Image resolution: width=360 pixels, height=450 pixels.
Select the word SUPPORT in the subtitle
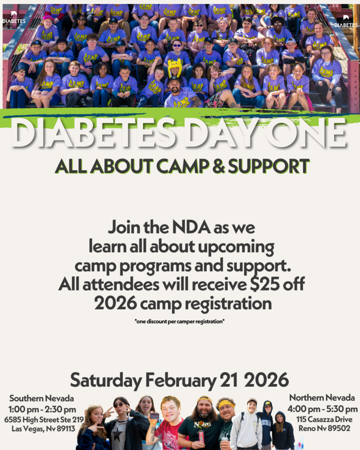tap(269, 166)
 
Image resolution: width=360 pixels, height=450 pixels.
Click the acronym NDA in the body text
tap(191, 227)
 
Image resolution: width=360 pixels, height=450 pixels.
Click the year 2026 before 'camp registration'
tap(116, 303)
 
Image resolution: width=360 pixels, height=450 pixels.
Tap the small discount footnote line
tap(179, 321)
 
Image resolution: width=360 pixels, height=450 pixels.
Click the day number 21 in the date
tap(229, 380)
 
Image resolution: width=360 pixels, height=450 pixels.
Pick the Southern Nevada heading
tap(42, 398)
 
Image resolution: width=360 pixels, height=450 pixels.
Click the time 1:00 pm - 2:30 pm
tap(42, 409)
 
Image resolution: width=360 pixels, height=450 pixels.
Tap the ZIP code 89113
tap(66, 428)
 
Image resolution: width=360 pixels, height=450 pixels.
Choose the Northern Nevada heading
tap(322, 397)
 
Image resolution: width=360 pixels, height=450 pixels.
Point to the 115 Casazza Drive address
tap(324, 419)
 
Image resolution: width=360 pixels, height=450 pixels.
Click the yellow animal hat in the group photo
tap(175, 67)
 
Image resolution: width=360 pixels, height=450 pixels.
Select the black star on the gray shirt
tap(117, 434)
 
